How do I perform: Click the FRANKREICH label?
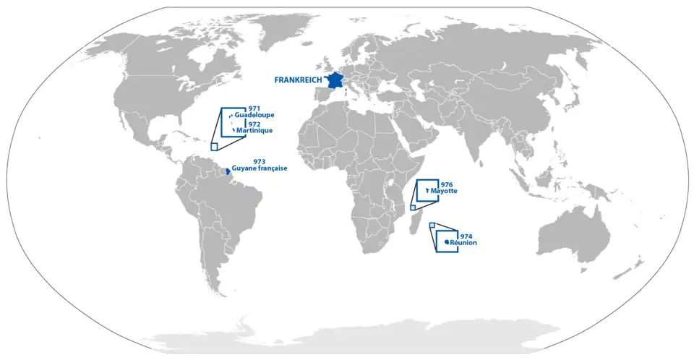[297, 80]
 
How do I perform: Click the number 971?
[254, 108]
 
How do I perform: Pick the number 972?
[254, 124]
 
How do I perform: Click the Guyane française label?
[260, 168]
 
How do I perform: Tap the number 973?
[260, 161]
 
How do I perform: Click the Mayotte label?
[445, 192]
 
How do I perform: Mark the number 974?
[466, 236]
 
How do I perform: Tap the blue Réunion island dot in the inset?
[447, 241]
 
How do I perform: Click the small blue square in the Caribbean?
[214, 146]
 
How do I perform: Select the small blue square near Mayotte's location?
[413, 207]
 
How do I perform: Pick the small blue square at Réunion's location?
[432, 226]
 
